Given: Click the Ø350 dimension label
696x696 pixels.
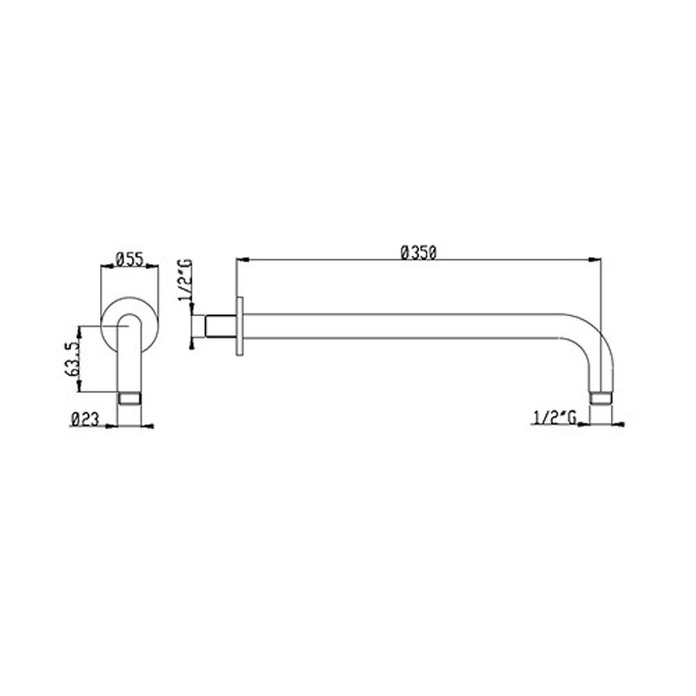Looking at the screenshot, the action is pyautogui.click(x=418, y=252).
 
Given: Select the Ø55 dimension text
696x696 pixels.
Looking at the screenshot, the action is pyautogui.click(x=130, y=260).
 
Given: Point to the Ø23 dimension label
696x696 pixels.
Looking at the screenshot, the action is pyautogui.click(x=84, y=419).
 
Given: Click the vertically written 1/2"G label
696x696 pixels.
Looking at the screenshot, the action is pyautogui.click(x=186, y=280).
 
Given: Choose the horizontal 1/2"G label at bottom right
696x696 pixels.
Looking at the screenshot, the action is pyautogui.click(x=555, y=418).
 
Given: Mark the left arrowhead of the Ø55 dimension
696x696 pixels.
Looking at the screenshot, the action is pyautogui.click(x=107, y=266).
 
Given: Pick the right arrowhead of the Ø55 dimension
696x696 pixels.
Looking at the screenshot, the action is pyautogui.click(x=153, y=266).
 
